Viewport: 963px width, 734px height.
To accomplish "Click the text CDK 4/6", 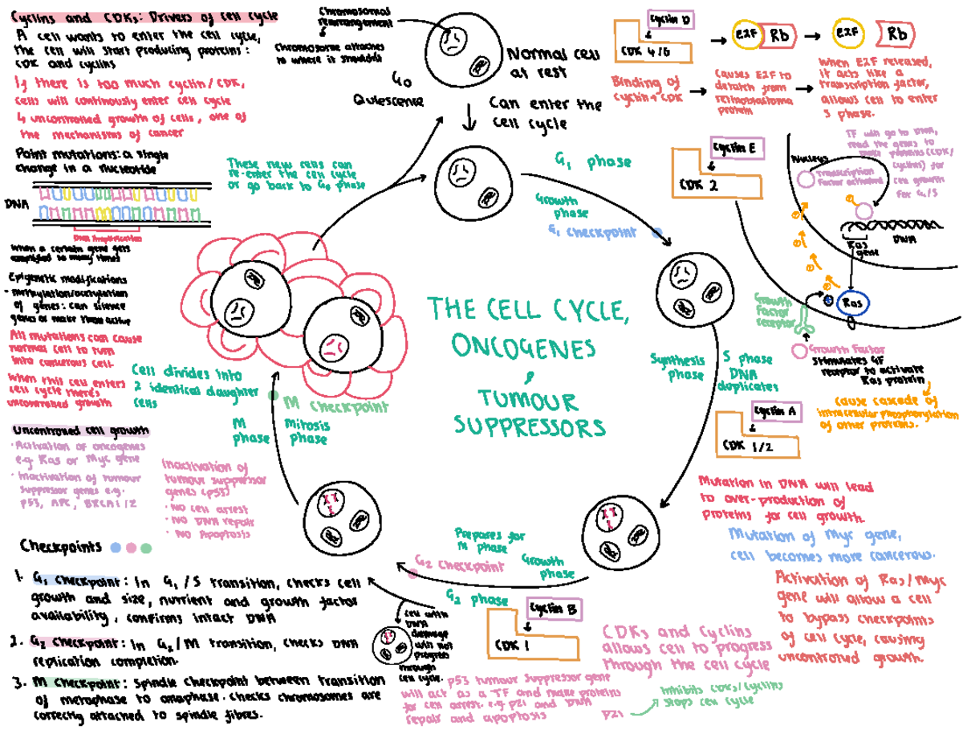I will pyautogui.click(x=644, y=50).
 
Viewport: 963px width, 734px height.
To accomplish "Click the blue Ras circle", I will pyautogui.click(x=850, y=304).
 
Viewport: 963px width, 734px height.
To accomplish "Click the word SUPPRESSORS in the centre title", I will pyautogui.click(x=526, y=426).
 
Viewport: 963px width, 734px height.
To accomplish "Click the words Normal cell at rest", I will pyautogui.click(x=542, y=63).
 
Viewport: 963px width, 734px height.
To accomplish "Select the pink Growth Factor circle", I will pyautogui.click(x=798, y=351).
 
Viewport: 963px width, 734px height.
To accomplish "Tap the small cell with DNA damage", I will pyautogui.click(x=392, y=642).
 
